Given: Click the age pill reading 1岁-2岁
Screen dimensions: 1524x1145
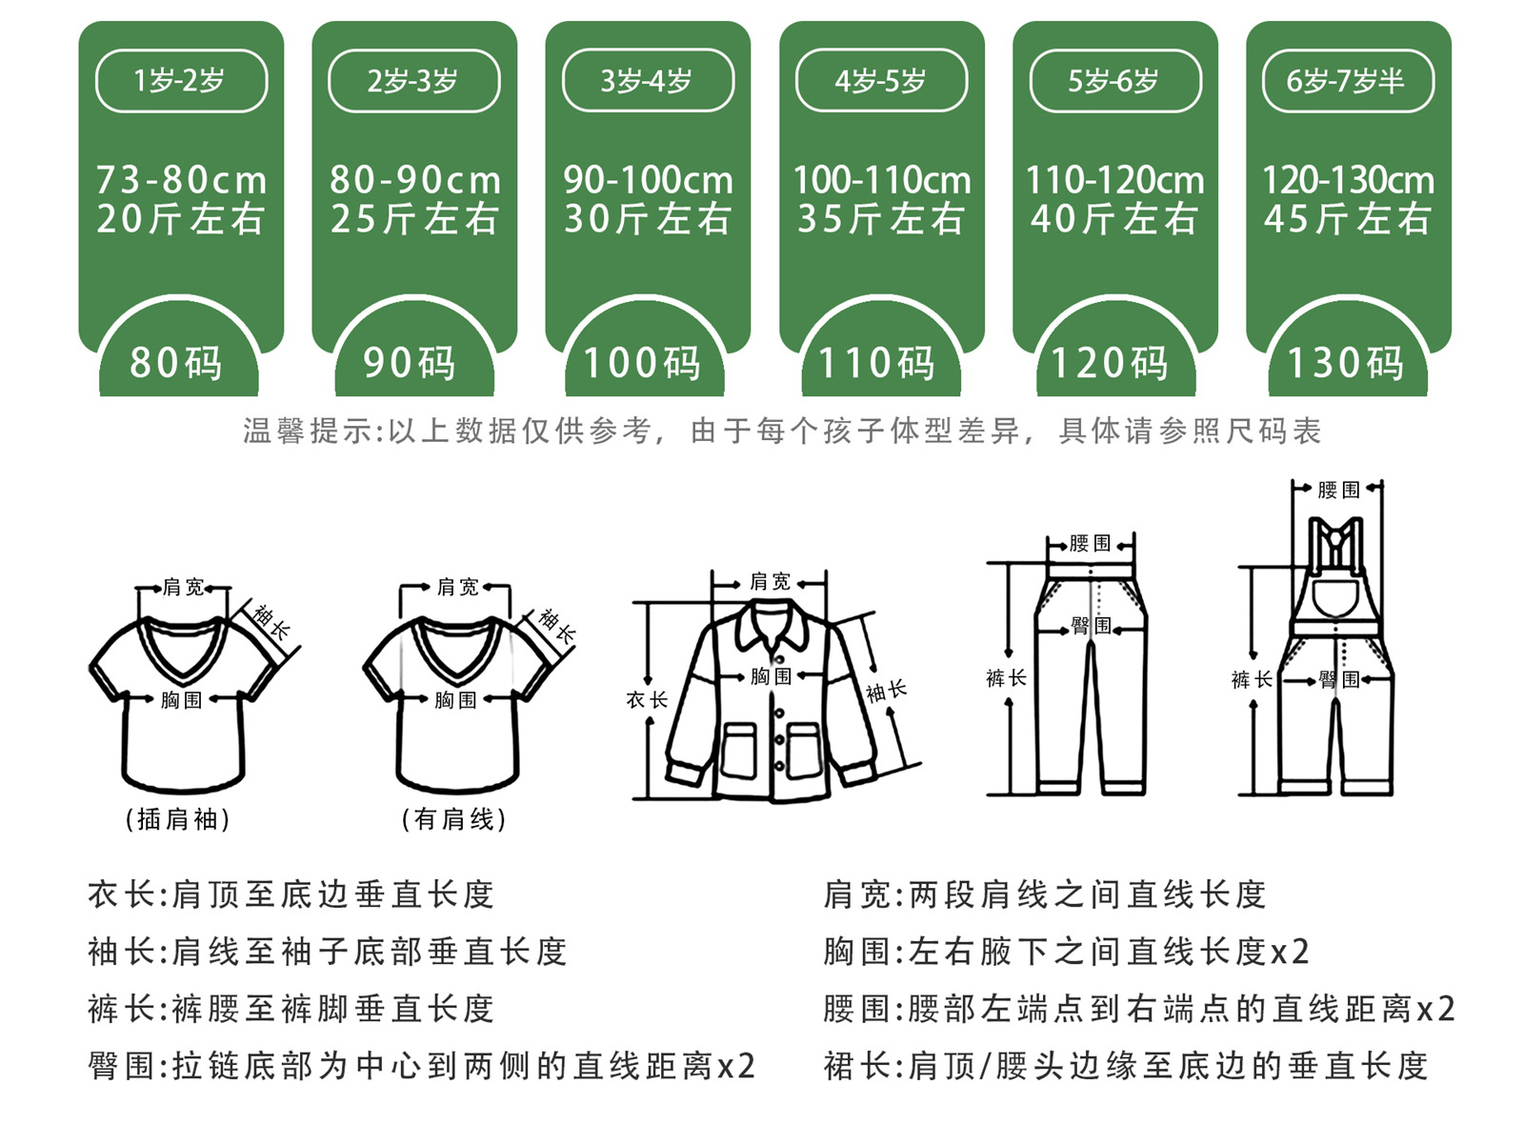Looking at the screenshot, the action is click(x=181, y=81).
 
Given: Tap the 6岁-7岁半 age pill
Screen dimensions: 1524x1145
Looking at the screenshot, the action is click(x=1347, y=81).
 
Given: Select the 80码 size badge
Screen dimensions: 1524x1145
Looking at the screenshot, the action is click(x=177, y=363).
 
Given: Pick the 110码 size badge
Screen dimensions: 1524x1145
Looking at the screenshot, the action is click(x=878, y=363).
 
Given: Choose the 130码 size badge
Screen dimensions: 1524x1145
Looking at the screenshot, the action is click(x=1347, y=363).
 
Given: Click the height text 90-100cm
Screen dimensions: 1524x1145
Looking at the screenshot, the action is click(x=648, y=180).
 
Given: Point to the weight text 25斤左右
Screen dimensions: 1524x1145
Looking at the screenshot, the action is click(x=414, y=220).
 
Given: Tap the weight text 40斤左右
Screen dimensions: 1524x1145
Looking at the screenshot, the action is click(x=1113, y=220).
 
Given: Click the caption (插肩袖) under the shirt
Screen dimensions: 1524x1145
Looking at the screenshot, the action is click(x=178, y=819).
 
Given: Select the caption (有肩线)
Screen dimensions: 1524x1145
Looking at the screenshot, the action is click(x=453, y=819).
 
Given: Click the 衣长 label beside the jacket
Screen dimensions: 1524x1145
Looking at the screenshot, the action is click(x=647, y=700).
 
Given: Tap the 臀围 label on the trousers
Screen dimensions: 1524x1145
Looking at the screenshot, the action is click(x=1091, y=626).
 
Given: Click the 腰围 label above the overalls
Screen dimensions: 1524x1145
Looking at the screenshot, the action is click(x=1338, y=491).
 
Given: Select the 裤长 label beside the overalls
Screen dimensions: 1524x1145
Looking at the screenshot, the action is click(x=1252, y=679).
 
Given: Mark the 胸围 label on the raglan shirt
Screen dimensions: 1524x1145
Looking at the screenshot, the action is click(x=181, y=700).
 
